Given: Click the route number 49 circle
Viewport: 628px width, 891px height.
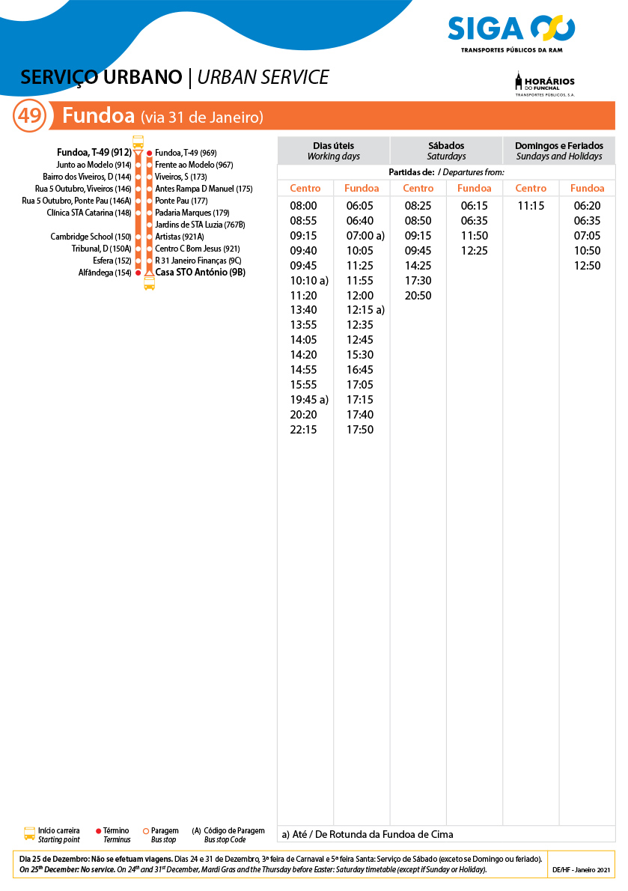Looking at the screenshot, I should (30, 116).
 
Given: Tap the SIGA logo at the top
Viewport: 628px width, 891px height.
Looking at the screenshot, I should (511, 31).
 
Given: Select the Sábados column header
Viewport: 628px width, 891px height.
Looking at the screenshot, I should (446, 150).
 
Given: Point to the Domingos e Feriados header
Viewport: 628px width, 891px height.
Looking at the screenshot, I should (558, 150).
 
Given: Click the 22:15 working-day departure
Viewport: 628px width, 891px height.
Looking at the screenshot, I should (303, 430).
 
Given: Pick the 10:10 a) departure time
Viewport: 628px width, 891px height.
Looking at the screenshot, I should (309, 280).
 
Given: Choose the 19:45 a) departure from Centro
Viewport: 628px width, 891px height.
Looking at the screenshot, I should (309, 400).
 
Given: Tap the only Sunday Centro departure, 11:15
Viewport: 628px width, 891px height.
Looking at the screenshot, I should (531, 205).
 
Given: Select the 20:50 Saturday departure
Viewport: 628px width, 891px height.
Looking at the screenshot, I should (418, 295).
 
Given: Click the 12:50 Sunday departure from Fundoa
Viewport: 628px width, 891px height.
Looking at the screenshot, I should (587, 265).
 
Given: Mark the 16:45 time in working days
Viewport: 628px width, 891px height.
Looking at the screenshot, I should (359, 370).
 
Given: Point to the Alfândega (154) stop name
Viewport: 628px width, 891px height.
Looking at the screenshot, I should (105, 273).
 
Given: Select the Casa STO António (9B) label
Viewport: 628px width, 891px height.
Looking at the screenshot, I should (200, 273).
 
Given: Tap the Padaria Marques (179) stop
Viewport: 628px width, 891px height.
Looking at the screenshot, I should (192, 213).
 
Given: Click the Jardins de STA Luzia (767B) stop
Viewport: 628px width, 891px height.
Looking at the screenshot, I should (200, 225).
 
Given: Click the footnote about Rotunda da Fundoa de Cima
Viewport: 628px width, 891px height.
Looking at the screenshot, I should (368, 834).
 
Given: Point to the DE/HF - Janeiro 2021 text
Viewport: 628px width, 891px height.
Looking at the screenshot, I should (582, 870).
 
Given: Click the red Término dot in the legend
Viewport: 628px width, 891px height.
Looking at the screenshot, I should (99, 831).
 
